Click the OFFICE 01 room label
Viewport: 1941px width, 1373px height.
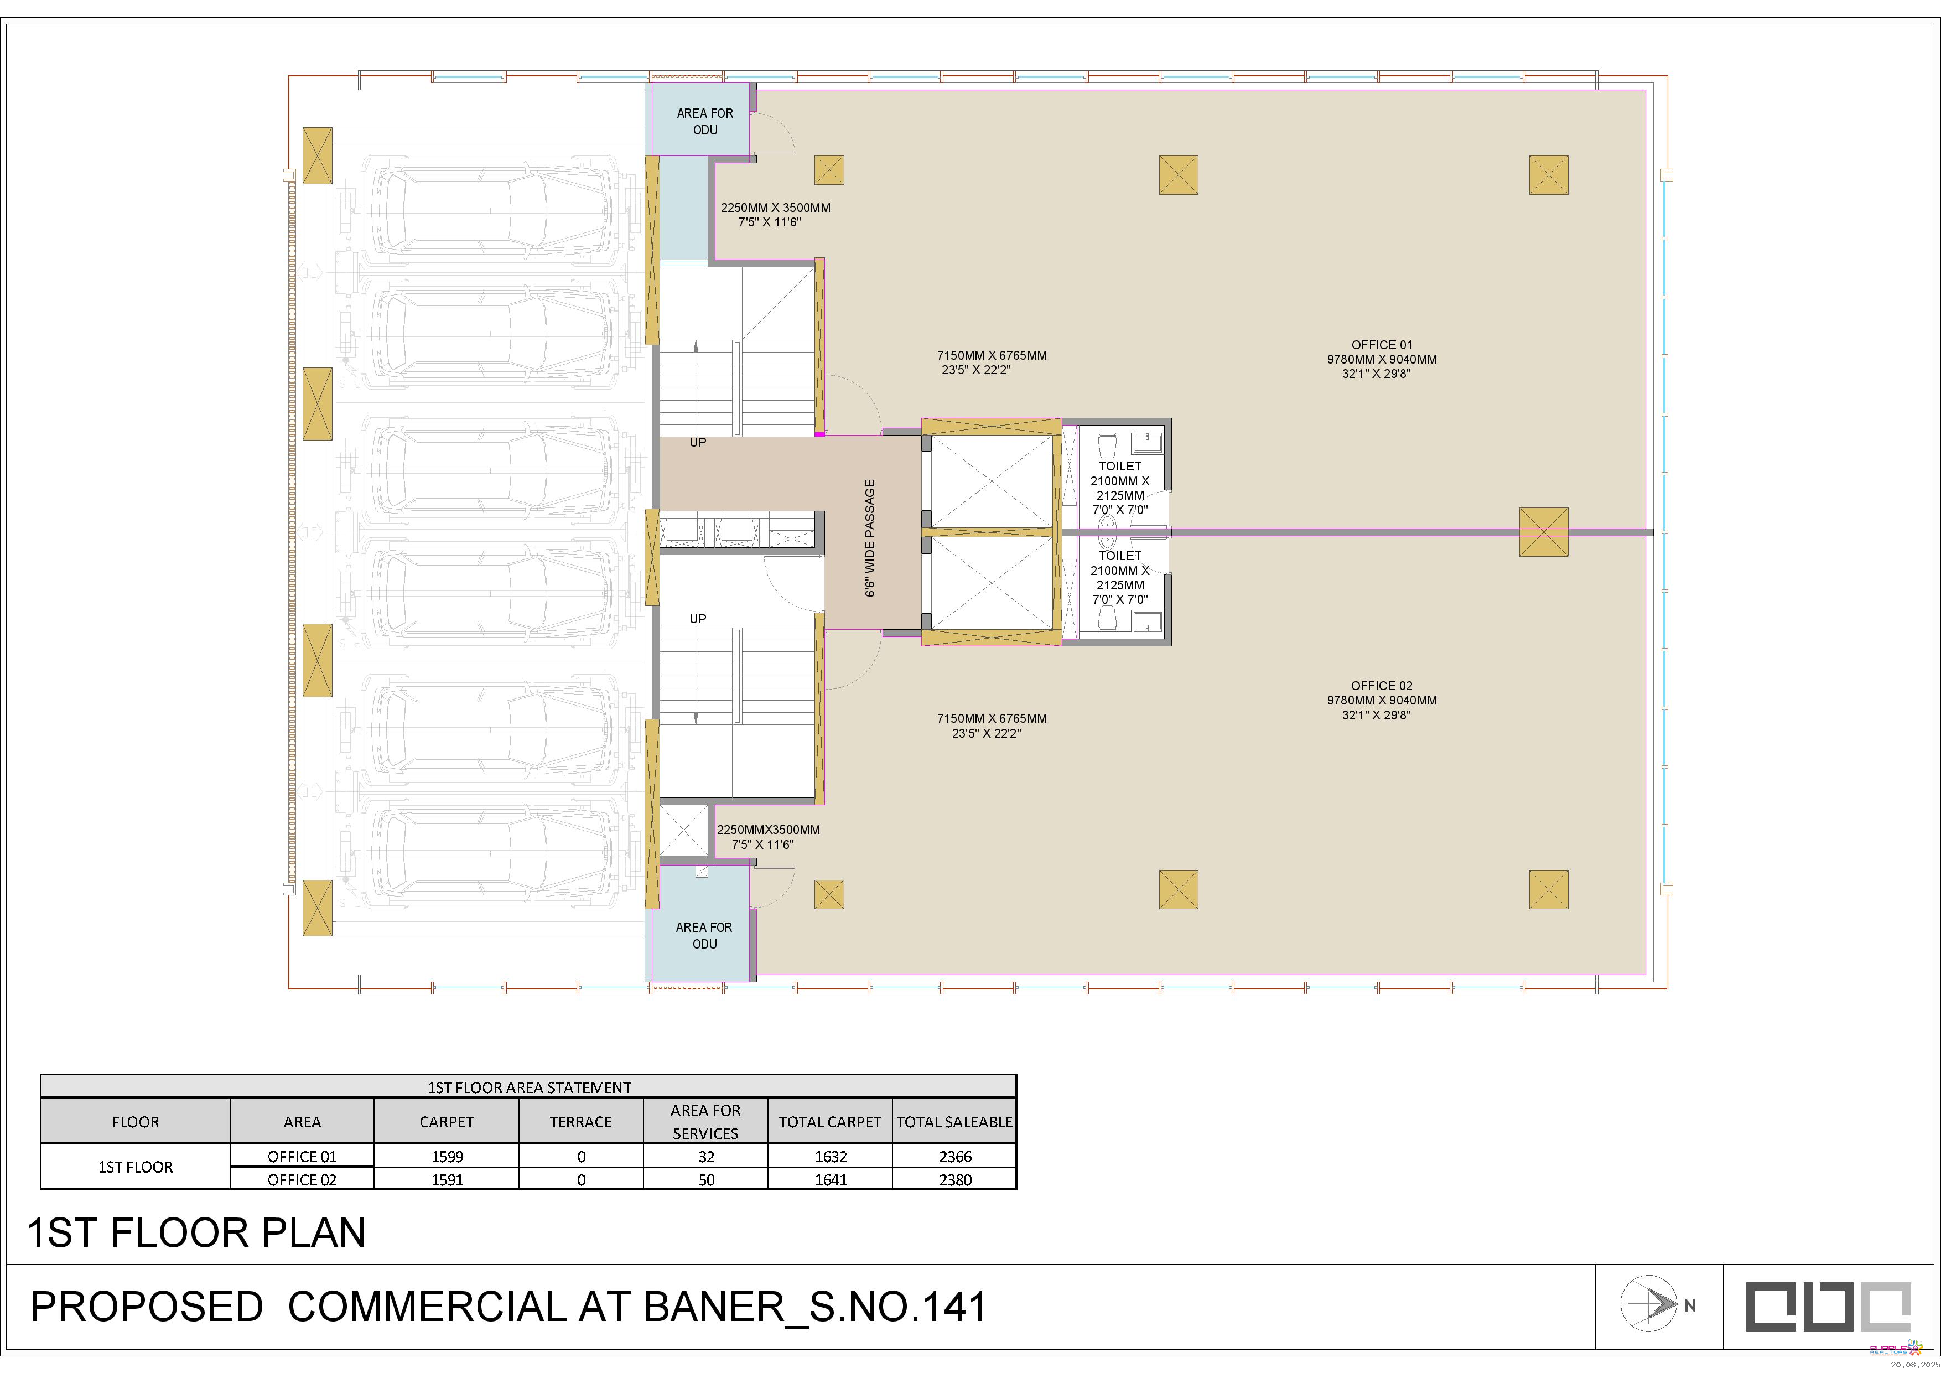pos(1382,345)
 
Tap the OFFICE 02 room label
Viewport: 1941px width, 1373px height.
pos(1382,686)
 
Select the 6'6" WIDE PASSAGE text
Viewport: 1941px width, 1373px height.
pos(870,538)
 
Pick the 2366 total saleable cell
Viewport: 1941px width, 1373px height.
pos(955,1157)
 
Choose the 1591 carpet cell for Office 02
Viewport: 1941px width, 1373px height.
pos(447,1179)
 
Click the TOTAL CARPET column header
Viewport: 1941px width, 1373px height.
pos(830,1122)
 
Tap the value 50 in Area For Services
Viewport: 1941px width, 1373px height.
pos(707,1179)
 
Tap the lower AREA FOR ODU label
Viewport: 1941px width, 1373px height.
pos(704,935)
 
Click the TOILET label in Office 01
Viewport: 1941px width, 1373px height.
pos(1120,466)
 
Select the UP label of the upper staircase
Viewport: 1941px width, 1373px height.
pos(697,442)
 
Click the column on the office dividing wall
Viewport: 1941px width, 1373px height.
pos(1544,532)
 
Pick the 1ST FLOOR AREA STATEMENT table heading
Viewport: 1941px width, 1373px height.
pos(529,1087)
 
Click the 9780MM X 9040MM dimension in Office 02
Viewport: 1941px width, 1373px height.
pos(1382,700)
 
